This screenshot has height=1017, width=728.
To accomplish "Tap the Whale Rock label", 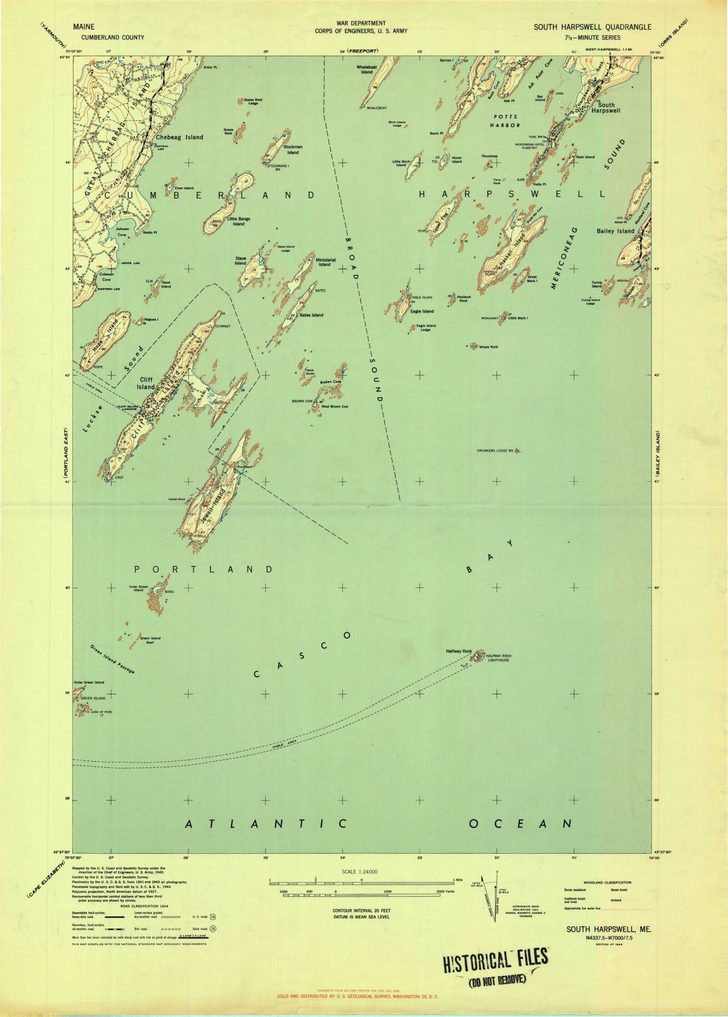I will point(488,347).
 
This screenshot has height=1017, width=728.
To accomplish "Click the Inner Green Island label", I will point(138,589).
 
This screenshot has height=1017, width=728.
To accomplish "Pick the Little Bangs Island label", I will point(238,221).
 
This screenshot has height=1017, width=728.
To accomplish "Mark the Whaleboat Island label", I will point(366,69).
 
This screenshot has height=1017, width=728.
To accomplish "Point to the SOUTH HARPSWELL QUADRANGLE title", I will point(593,28).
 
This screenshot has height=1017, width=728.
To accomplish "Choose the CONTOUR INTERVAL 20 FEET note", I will point(361,911).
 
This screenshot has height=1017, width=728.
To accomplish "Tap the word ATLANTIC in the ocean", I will point(267,823).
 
